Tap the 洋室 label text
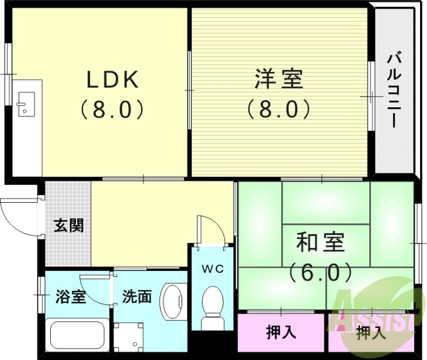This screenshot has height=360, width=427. click(x=278, y=81)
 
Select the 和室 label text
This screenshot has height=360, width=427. click(x=320, y=243)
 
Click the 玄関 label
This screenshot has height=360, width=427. click(x=69, y=226)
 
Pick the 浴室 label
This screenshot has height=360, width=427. click(x=70, y=297)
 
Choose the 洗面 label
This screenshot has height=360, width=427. click(x=137, y=297)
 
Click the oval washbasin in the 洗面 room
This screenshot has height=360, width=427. click(x=173, y=301)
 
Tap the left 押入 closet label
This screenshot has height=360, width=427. click(x=281, y=333)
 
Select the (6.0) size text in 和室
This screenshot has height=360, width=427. click(x=320, y=273)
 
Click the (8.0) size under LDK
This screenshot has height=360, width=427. click(x=113, y=110)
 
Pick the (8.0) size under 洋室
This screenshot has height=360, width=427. click(x=278, y=110)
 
